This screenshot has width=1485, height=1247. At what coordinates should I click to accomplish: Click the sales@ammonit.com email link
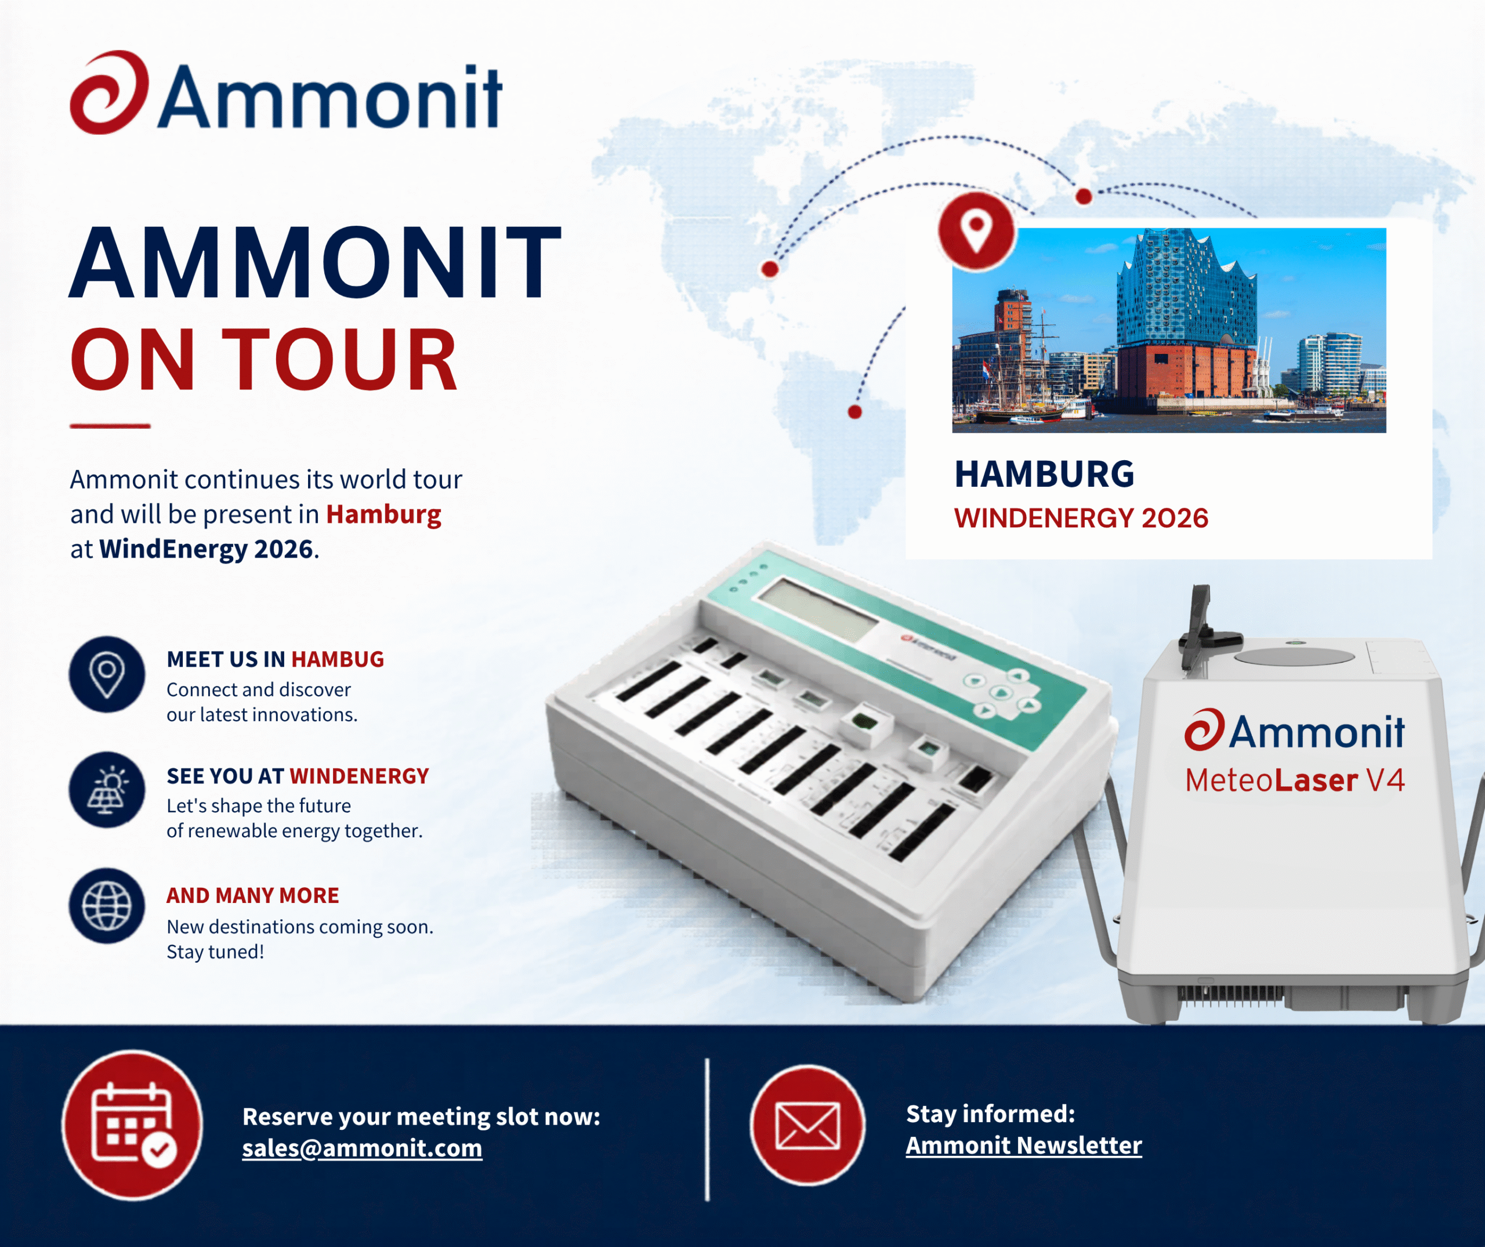pyautogui.click(x=362, y=1147)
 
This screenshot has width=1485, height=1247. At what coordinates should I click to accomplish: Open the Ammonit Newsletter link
pyautogui.click(x=1024, y=1145)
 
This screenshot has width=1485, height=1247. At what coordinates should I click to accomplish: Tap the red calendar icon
pyautogui.click(x=132, y=1125)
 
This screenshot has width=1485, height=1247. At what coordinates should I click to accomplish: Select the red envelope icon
pyautogui.click(x=807, y=1125)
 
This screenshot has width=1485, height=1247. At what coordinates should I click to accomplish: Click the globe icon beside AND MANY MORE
pyautogui.click(x=107, y=906)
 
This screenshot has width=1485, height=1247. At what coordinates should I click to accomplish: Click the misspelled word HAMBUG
pyautogui.click(x=337, y=659)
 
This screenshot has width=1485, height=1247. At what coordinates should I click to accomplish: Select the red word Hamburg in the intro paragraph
pyautogui.click(x=383, y=514)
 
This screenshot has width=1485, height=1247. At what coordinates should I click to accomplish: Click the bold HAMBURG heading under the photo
pyautogui.click(x=1045, y=474)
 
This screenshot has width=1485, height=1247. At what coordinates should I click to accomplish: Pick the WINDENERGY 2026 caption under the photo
pyautogui.click(x=1081, y=518)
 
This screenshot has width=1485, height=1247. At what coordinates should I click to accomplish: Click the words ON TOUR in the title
pyautogui.click(x=264, y=359)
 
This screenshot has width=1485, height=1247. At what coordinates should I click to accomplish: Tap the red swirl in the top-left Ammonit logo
pyautogui.click(x=110, y=92)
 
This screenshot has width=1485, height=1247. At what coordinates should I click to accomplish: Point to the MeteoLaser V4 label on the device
pyautogui.click(x=1295, y=780)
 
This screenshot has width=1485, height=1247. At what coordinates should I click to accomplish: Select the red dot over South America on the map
pyautogui.click(x=855, y=411)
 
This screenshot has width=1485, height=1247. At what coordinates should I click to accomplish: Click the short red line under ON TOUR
pyautogui.click(x=110, y=426)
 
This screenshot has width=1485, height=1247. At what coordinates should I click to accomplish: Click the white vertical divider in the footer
pyautogui.click(x=707, y=1130)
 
